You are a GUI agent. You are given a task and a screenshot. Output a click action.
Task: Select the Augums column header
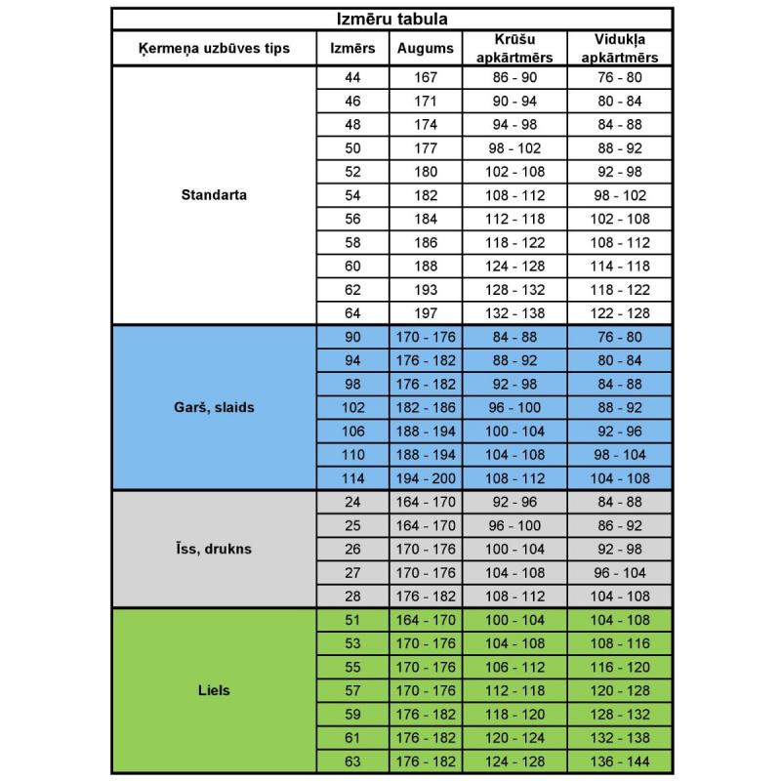(426, 49)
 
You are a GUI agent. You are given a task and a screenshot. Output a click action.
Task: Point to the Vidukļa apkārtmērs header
(620, 49)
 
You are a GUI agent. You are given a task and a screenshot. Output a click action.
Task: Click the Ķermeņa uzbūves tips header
(214, 49)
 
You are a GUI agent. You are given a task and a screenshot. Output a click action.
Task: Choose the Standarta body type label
(214, 194)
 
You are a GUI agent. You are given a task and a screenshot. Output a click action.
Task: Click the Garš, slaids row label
(214, 407)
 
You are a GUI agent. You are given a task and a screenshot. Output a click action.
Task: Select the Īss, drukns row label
(214, 549)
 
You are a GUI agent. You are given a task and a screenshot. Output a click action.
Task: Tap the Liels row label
(214, 690)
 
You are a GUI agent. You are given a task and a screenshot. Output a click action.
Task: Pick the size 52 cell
(352, 172)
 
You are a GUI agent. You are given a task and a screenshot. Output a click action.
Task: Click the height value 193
(426, 290)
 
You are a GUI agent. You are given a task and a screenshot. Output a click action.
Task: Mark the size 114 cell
(352, 478)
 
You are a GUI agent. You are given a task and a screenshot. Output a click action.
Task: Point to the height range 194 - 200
(426, 478)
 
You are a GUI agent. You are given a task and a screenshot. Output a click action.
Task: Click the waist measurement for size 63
(620, 761)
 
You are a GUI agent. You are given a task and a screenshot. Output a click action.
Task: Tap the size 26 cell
(352, 549)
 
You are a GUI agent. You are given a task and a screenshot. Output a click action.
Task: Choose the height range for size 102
(426, 408)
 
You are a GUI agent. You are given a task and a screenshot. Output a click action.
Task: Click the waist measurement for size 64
(620, 313)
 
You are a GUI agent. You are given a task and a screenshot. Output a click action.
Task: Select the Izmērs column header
(352, 49)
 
